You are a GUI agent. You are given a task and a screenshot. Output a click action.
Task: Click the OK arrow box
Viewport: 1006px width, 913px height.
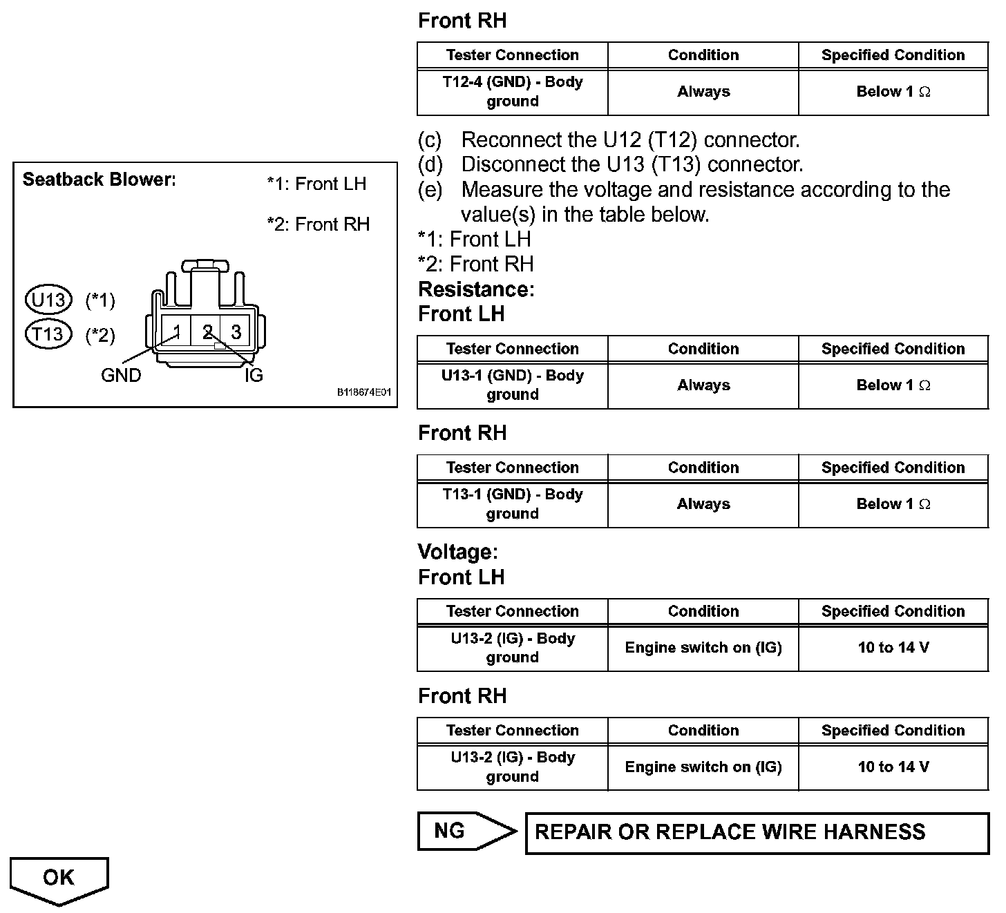(x=59, y=878)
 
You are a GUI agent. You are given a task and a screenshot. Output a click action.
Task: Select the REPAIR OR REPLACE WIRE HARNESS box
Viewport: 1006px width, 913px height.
(x=757, y=833)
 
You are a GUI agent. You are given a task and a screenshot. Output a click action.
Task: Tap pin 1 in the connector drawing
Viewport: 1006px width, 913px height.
(x=177, y=332)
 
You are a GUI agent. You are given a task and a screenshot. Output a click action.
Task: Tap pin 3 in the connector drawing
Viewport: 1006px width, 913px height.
(x=236, y=332)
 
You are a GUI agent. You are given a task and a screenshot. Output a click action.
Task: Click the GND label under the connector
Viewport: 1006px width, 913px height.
(x=121, y=376)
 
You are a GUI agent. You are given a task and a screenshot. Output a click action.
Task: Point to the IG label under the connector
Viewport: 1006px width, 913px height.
(x=254, y=376)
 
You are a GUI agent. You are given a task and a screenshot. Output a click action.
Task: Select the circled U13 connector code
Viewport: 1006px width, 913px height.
(x=48, y=300)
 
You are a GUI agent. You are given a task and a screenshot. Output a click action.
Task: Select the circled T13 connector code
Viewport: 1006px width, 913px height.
(x=48, y=335)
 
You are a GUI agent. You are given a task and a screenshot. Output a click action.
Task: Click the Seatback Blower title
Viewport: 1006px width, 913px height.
(x=99, y=180)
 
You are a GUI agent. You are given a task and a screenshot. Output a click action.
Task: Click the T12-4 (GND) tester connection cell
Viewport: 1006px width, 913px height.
(x=512, y=92)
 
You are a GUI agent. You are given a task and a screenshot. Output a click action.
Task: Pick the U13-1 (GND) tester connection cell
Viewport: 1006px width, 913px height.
(x=512, y=385)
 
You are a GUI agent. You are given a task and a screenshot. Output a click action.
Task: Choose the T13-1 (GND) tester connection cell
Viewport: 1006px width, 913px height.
(x=512, y=504)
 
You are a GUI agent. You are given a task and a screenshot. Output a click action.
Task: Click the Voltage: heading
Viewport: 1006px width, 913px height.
(x=457, y=552)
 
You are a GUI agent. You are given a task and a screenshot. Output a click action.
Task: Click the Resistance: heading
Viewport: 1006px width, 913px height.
(x=476, y=289)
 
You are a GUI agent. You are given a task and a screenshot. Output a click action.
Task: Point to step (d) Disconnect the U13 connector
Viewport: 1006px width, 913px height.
(x=611, y=165)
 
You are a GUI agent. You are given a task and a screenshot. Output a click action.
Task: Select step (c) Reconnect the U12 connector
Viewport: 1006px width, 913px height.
(x=609, y=140)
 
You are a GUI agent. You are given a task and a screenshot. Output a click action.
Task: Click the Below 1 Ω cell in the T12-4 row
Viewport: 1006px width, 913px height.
(x=893, y=92)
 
